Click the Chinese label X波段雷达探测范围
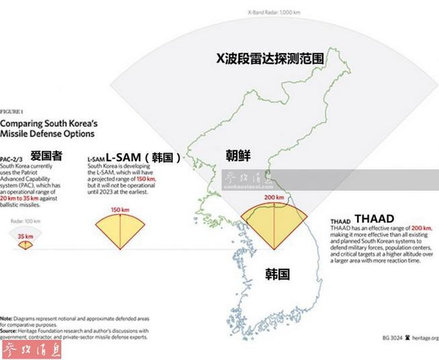pyautogui.click(x=270, y=59)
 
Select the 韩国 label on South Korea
pyautogui.click(x=277, y=274)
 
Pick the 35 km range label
pyautogui.click(x=25, y=236)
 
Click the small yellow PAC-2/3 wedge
pyautogui.click(x=25, y=244)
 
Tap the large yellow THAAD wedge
pyautogui.click(x=274, y=222)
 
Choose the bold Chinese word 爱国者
pyautogui.click(x=46, y=156)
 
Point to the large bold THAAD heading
pyautogui.click(x=374, y=218)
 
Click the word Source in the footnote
pyautogui.click(x=10, y=330)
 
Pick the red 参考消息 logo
pyautogui.click(x=34, y=349)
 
